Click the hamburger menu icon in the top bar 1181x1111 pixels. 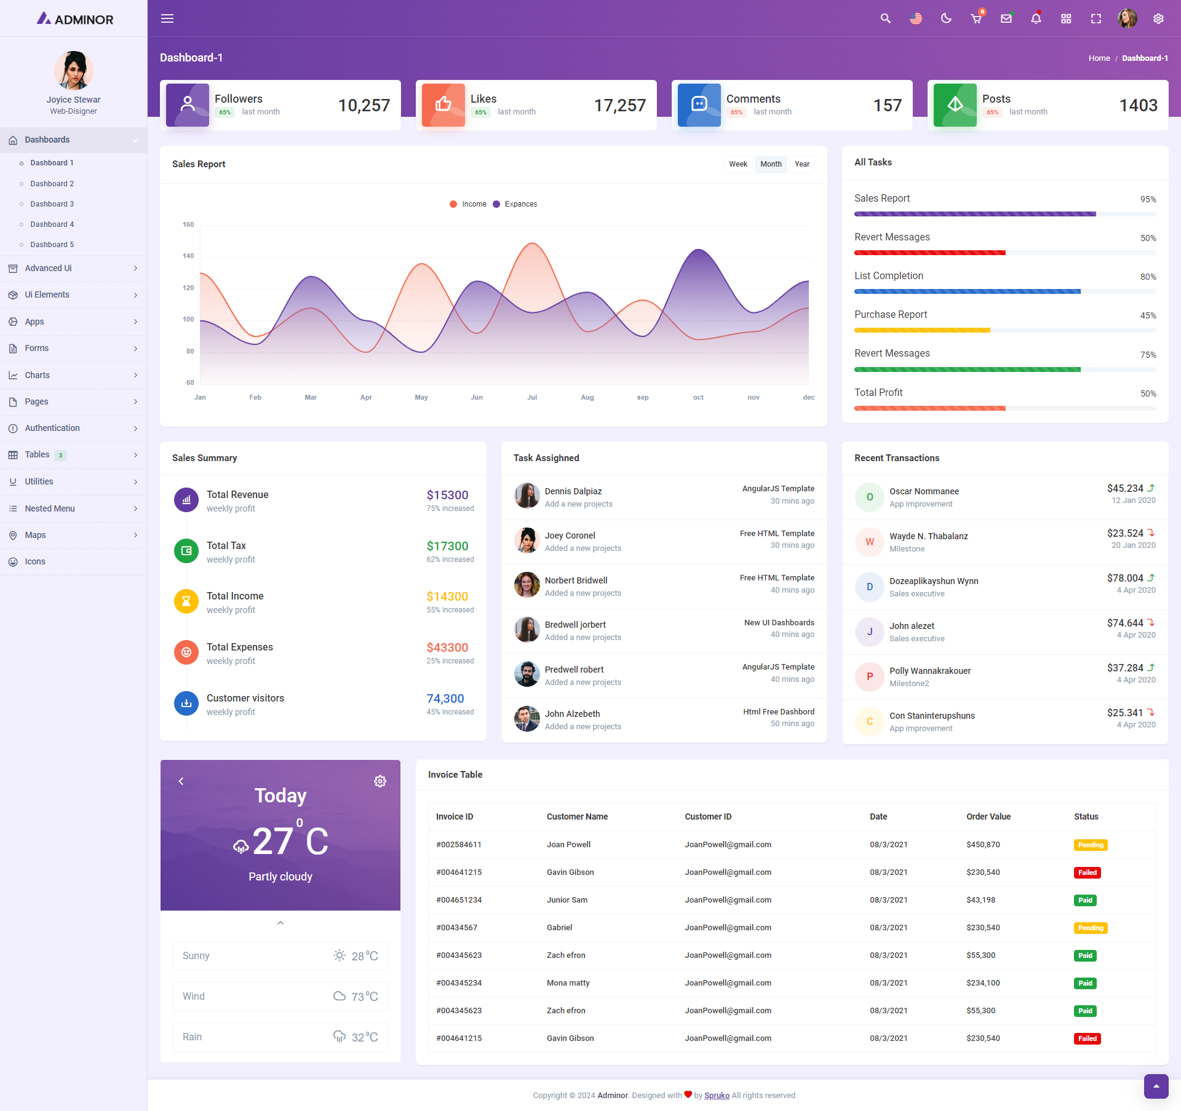(167, 18)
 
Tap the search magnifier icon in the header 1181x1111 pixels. (885, 18)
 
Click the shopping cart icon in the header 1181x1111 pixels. (976, 18)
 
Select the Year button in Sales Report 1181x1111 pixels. (801, 164)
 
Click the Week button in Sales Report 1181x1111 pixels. (738, 164)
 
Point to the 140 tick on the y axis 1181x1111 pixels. (188, 256)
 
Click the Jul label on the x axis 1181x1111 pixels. (532, 398)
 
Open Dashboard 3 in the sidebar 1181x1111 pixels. (52, 204)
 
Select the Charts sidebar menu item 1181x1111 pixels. (37, 375)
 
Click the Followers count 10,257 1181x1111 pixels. (364, 106)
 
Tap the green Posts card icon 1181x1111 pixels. (955, 105)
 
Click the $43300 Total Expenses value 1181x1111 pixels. (447, 647)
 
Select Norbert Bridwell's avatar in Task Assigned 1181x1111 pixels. (527, 585)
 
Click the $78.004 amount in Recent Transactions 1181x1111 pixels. (1125, 578)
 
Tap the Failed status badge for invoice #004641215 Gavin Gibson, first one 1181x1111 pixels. (1087, 872)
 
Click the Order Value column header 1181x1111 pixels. (988, 816)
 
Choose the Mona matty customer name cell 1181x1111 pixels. (568, 983)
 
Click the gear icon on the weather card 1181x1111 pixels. (380, 781)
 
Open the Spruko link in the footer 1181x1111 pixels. (717, 1095)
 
